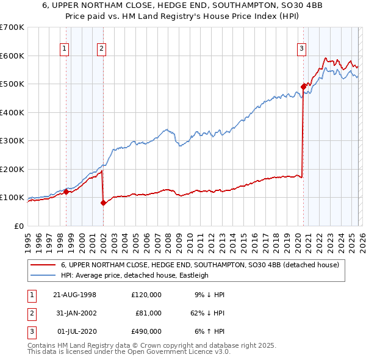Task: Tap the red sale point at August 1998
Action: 66,192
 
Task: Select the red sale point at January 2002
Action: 103,203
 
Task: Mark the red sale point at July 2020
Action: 303,87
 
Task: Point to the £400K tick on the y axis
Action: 12,112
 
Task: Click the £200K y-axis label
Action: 12,169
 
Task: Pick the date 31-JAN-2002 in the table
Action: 75,313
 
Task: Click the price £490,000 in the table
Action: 146,331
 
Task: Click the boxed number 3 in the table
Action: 31,331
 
